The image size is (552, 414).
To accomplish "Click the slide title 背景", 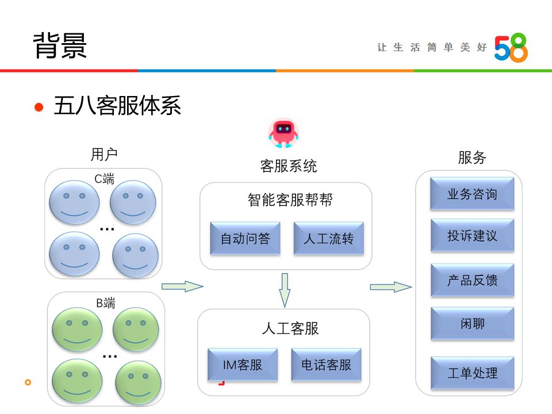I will (x=60, y=46).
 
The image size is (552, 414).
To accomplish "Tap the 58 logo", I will (x=511, y=48).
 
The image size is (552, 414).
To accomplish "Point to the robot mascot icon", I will (x=283, y=133).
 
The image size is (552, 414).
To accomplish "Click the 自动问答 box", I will (x=245, y=239).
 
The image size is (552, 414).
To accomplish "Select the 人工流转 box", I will (x=328, y=239).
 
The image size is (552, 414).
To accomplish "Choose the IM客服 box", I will (x=242, y=365).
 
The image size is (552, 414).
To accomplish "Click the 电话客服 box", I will (x=326, y=365).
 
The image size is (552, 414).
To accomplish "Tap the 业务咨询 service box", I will (x=472, y=194).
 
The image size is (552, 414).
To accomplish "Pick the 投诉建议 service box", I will (x=472, y=236).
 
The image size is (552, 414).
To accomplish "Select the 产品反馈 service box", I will (x=472, y=280).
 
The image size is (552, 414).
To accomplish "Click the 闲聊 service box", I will (x=472, y=324).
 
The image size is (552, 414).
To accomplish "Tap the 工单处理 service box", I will (x=472, y=373).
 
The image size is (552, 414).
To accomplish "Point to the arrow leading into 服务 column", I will (x=390, y=286).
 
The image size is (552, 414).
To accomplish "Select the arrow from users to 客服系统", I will (x=182, y=286).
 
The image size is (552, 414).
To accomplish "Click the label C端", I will (x=104, y=179).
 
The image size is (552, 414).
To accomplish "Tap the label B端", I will (x=105, y=303).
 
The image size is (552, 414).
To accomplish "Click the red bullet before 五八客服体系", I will (x=39, y=107).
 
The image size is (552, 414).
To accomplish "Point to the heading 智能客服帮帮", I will (x=290, y=200).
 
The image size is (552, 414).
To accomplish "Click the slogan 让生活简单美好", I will (x=431, y=48).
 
